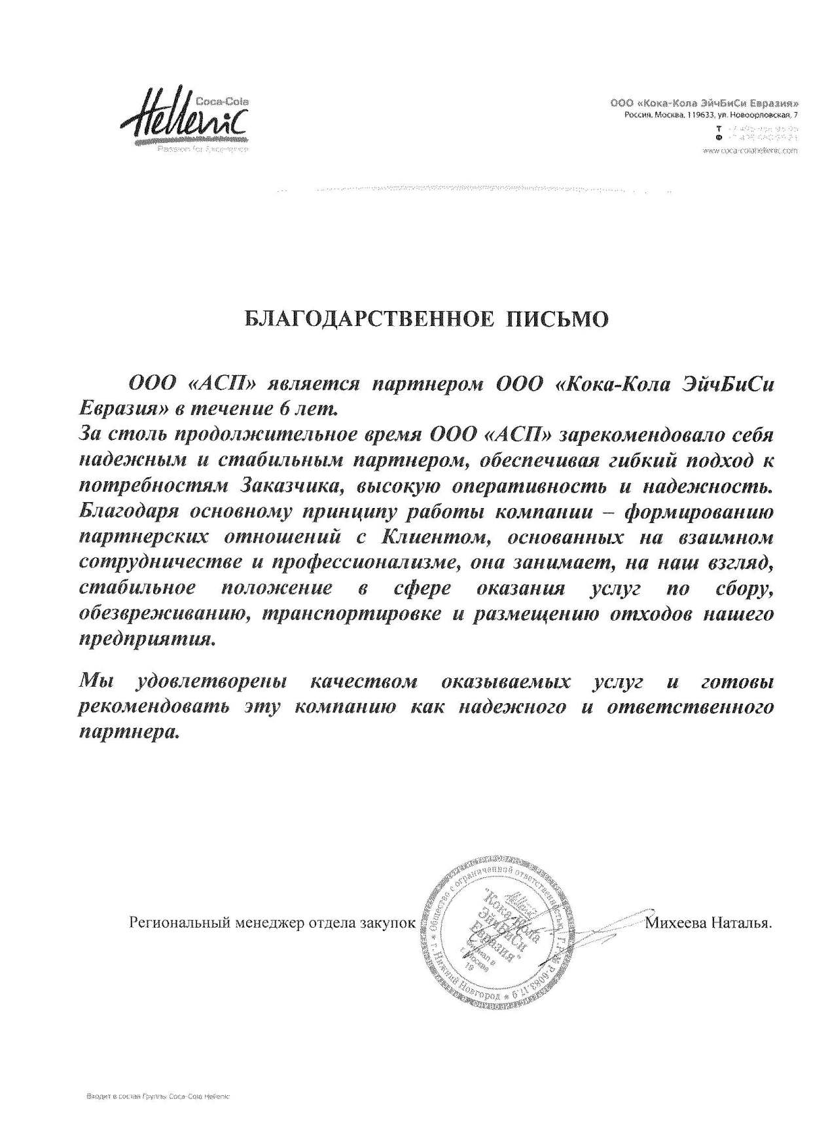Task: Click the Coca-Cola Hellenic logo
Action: click(190, 121)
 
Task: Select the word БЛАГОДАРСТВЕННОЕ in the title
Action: click(367, 319)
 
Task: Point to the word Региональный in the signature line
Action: click(177, 924)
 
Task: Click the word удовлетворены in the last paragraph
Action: click(212, 683)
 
